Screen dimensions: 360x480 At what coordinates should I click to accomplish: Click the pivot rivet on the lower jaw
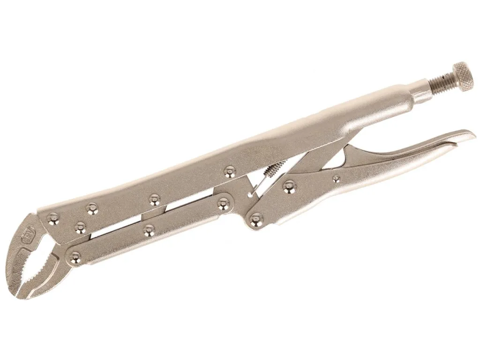pyautogui.click(x=75, y=256)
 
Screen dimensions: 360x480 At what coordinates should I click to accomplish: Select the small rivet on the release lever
pyautogui.click(x=336, y=179)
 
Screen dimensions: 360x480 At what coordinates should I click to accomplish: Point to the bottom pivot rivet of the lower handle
pyautogui.click(x=256, y=220)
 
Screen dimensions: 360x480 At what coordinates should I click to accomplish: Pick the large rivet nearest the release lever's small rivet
pyautogui.click(x=289, y=187)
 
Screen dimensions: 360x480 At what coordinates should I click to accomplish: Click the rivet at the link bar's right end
pyautogui.click(x=224, y=202)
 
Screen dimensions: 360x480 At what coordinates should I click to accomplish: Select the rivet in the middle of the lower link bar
pyautogui.click(x=149, y=230)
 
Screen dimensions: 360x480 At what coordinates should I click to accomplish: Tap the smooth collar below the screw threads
pyautogui.click(x=422, y=93)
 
